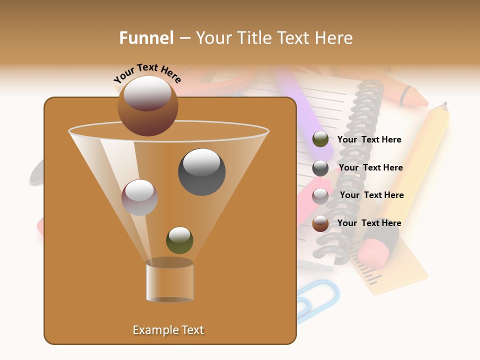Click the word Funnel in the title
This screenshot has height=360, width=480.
point(146,38)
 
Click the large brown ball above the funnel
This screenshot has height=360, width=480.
point(147,106)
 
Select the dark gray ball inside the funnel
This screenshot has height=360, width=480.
point(201,172)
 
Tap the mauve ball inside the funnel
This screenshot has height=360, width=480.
point(139,197)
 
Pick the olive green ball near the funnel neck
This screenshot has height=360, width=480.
point(179,240)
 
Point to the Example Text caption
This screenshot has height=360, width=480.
point(168,330)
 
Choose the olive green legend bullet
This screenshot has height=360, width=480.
point(320,139)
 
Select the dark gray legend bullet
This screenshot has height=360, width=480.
point(320,168)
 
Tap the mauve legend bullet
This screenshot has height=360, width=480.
point(320,196)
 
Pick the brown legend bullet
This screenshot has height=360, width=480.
point(320,223)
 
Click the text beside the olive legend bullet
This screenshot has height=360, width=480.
point(369,139)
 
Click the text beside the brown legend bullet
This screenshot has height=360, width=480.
point(369,223)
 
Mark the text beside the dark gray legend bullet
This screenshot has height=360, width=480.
point(370,167)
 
